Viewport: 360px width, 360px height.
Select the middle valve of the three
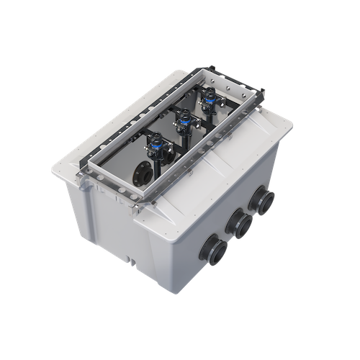coord(181,119)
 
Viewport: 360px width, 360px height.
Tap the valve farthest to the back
coord(209,99)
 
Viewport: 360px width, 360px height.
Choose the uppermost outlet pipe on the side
coord(266,199)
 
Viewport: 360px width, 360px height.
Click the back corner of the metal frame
coord(208,68)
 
